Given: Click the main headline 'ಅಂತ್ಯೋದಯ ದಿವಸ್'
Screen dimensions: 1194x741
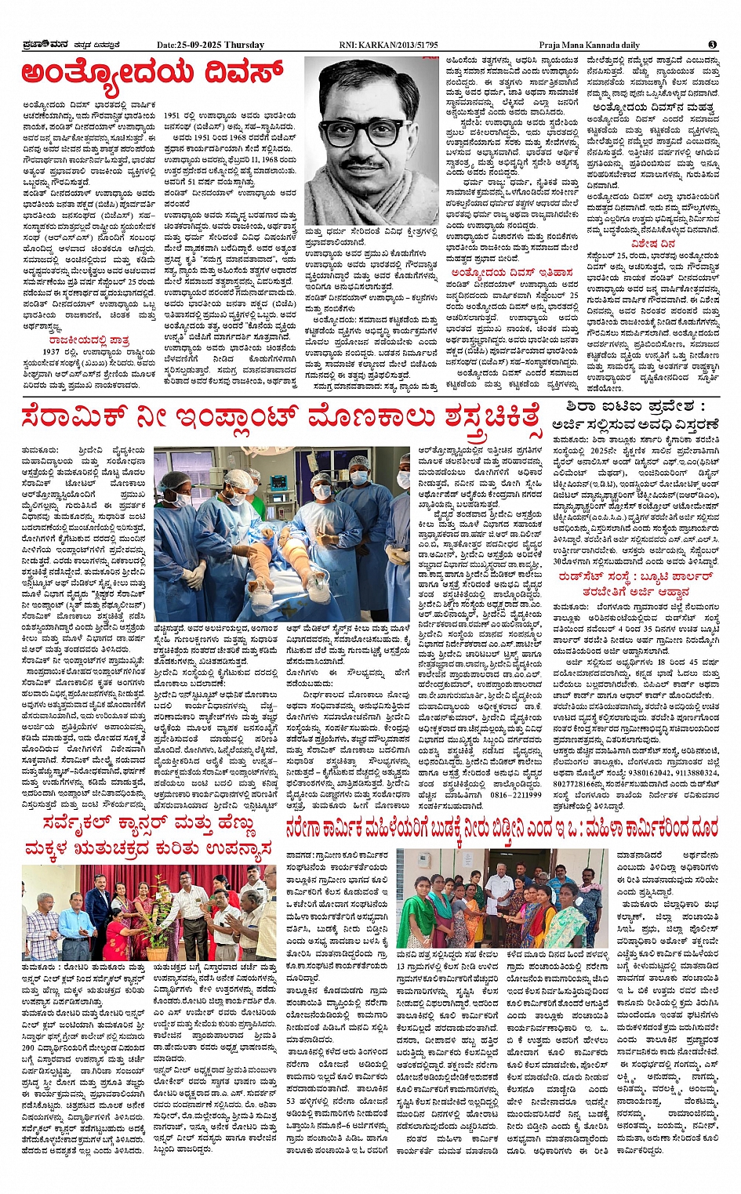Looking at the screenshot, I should (153, 74).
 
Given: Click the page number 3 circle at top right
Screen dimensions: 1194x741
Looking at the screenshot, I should (712, 45).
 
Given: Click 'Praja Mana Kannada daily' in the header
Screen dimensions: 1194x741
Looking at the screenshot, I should (589, 45).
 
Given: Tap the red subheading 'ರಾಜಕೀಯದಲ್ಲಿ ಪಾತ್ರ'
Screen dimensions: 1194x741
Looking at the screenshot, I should (89, 340).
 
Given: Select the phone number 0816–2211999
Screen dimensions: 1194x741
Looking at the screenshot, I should (514, 795).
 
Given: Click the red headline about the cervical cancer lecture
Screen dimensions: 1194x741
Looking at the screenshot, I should (148, 836).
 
